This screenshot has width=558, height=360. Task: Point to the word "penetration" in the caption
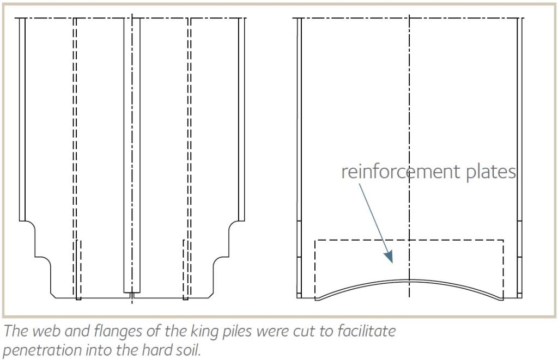click(43, 350)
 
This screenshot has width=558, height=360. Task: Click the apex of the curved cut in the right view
click(409, 280)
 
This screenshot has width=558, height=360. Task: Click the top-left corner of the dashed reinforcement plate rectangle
click(316, 241)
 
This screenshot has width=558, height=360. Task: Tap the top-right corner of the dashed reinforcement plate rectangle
click(503, 241)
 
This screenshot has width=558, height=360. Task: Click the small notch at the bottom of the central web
click(132, 296)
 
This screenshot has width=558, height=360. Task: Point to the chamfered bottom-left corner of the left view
click(53, 295)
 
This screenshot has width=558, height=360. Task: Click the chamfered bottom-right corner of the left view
click(211, 295)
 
